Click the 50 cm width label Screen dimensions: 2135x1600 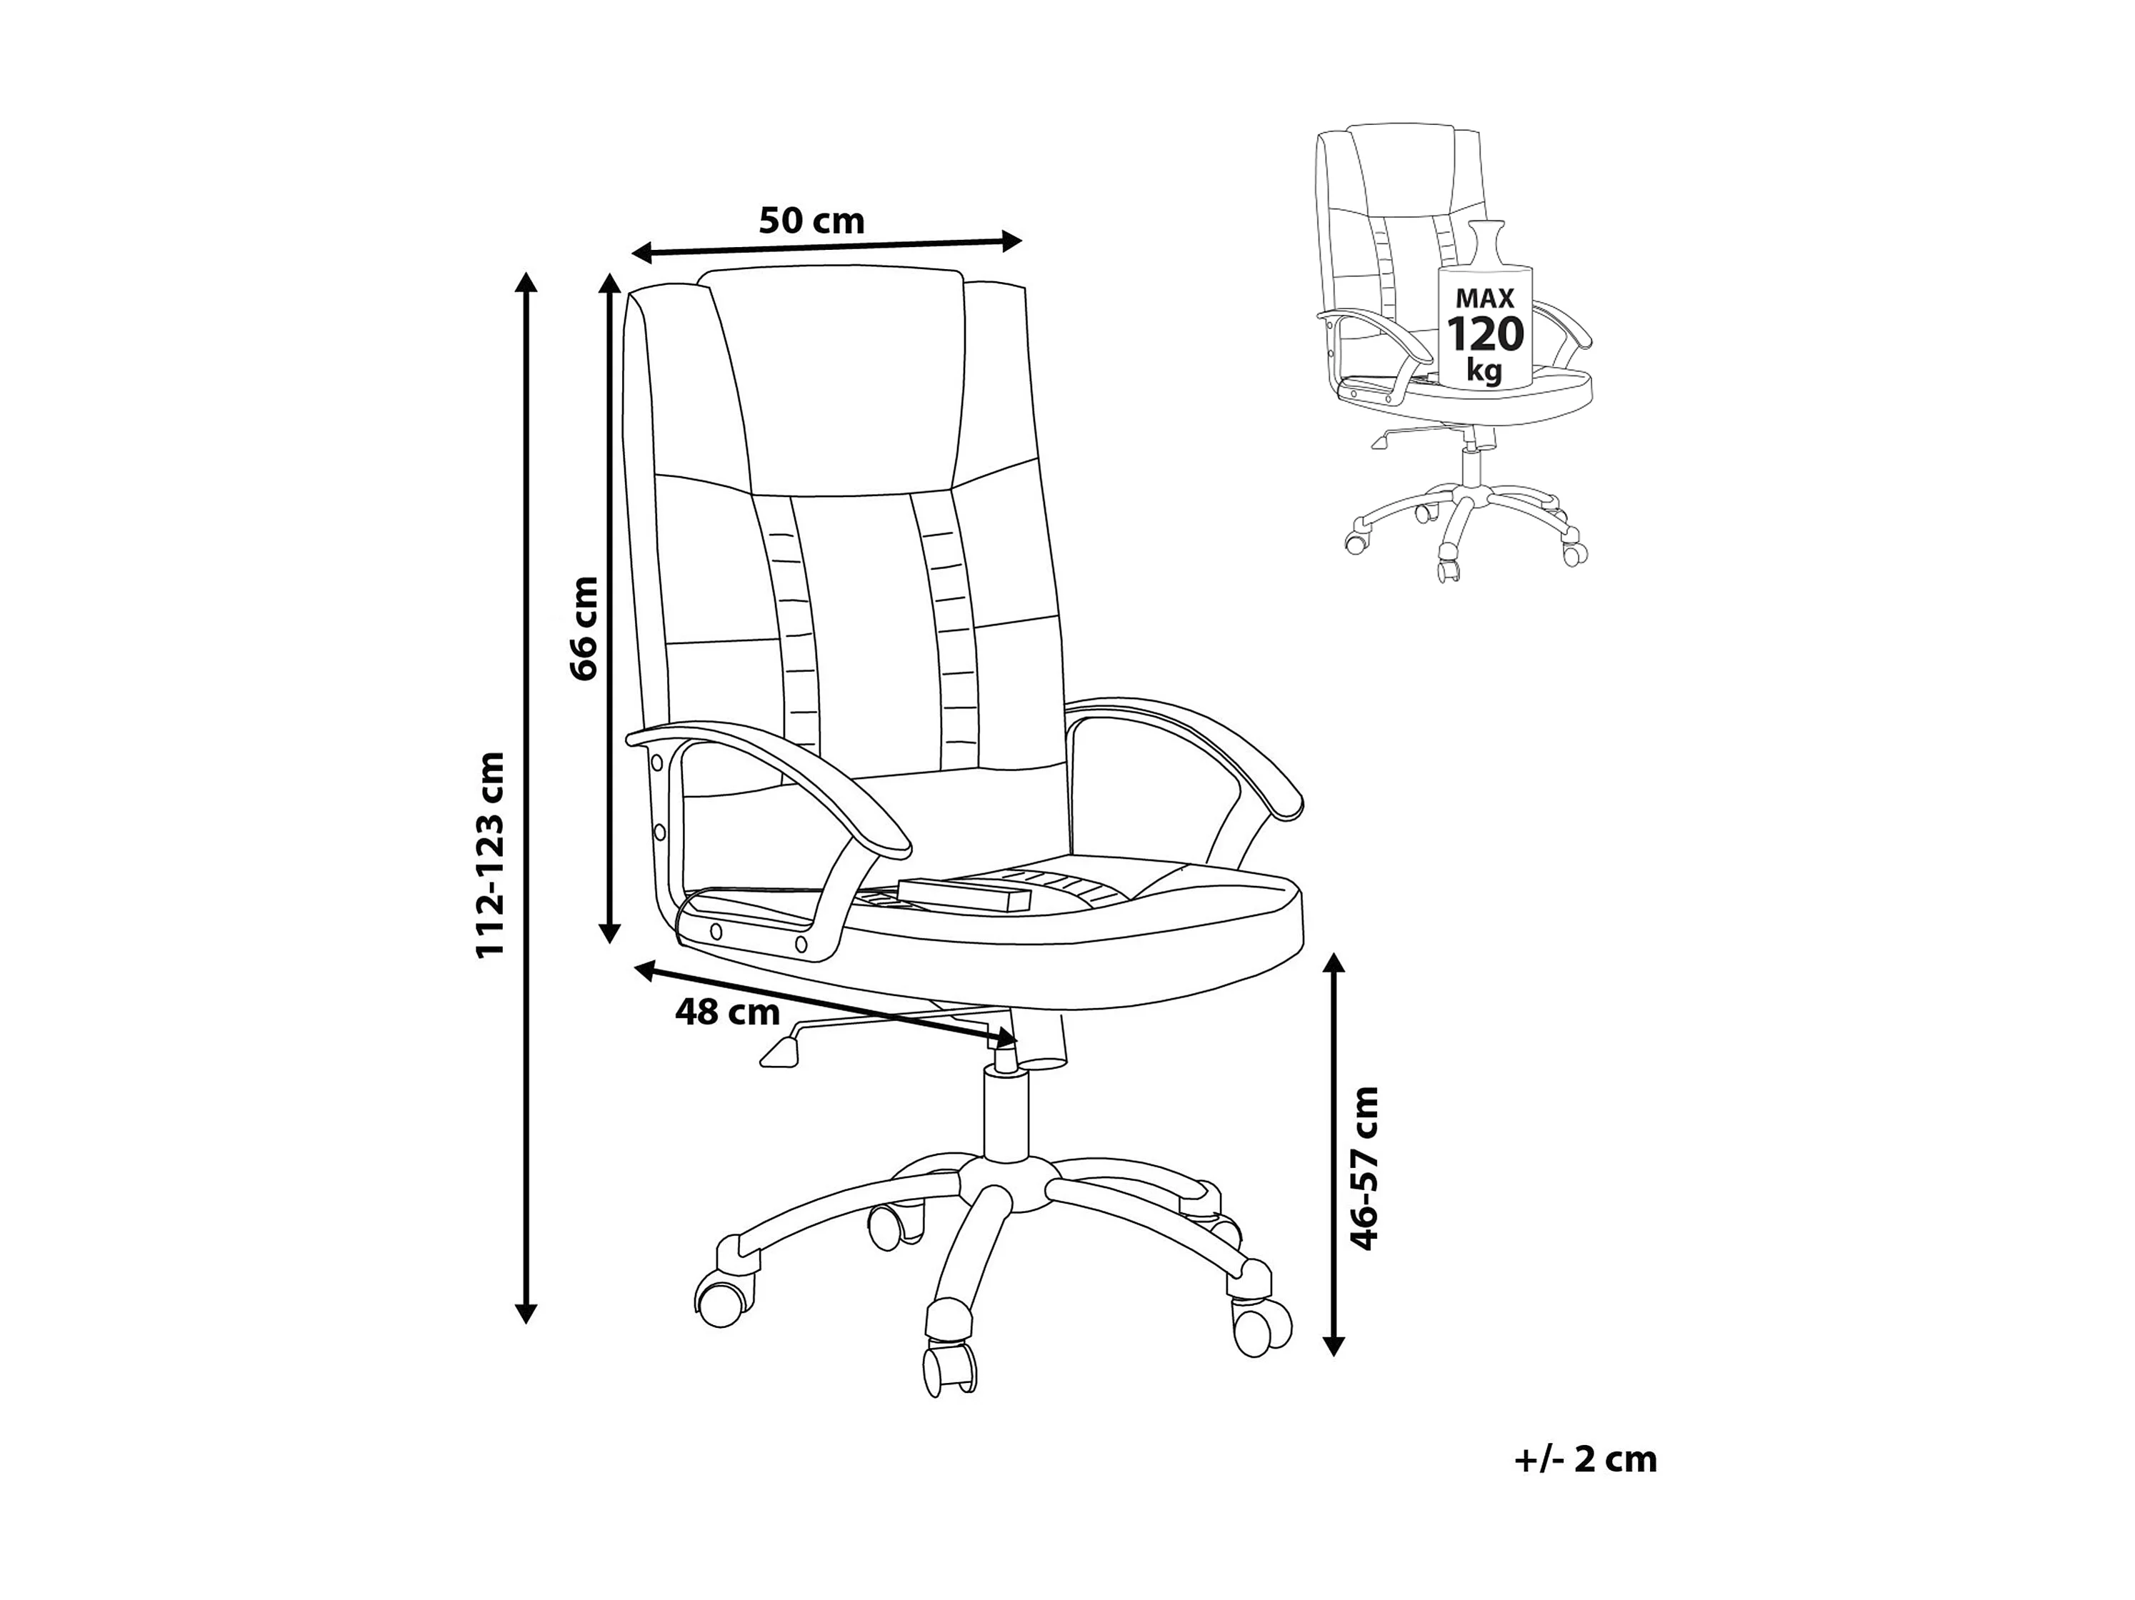[811, 221]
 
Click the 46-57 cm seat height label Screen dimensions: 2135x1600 [1365, 1169]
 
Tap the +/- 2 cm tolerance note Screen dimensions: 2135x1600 [1586, 1460]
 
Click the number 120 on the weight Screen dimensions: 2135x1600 [1484, 335]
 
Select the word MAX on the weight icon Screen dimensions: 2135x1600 [1484, 298]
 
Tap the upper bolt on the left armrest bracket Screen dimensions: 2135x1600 [656, 763]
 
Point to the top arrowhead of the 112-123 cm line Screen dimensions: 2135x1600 [525, 282]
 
